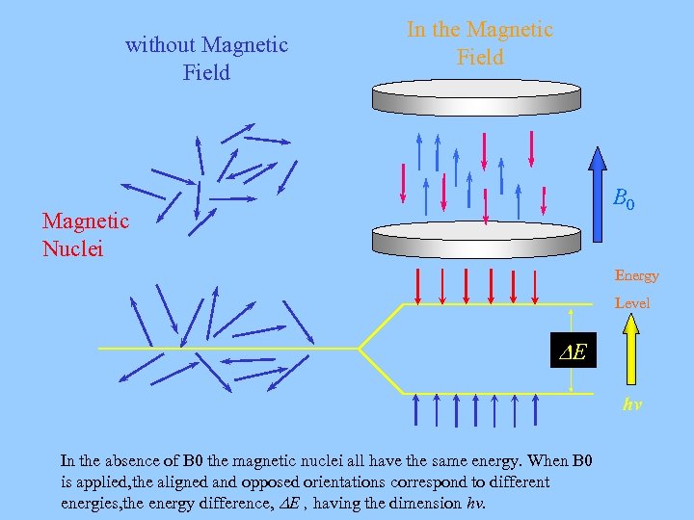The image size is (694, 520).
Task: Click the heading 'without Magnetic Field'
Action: [206, 59]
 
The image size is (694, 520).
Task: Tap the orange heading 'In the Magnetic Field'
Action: [480, 43]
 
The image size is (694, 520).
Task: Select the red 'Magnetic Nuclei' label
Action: [85, 234]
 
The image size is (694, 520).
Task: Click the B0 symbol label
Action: [624, 201]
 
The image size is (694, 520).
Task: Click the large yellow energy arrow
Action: [630, 353]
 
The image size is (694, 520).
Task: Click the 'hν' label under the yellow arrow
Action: [632, 405]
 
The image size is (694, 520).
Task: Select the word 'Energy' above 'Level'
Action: [636, 275]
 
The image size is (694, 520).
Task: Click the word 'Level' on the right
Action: [632, 302]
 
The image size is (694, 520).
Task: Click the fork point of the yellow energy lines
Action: [360, 348]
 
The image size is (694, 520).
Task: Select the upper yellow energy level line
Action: [482, 304]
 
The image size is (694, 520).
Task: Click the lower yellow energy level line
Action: [482, 393]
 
